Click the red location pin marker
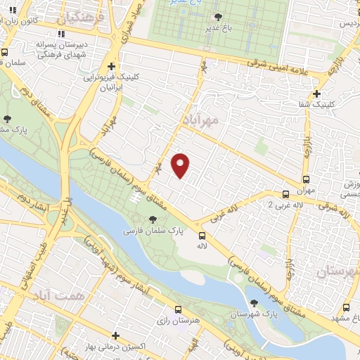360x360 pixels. (181, 165)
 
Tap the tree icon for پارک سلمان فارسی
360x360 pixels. (153, 220)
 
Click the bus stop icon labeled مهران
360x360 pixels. (306, 179)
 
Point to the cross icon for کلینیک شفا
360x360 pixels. (318, 93)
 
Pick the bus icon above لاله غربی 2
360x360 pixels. (286, 194)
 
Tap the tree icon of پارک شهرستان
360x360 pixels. (254, 304)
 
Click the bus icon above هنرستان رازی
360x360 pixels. (179, 309)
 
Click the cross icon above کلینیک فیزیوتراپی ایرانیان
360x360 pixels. (111, 66)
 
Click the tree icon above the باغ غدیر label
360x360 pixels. (219, 17)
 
